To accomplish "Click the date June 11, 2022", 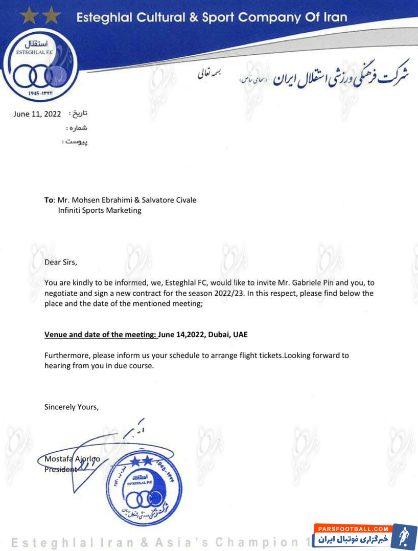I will pyautogui.click(x=37, y=114).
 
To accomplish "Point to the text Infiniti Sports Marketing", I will pyautogui.click(x=100, y=210).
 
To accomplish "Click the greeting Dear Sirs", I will pyautogui.click(x=61, y=262).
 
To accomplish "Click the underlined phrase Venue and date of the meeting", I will pyautogui.click(x=100, y=334).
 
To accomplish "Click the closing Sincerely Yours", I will pyautogui.click(x=71, y=407).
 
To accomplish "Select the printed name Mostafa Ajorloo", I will pyautogui.click(x=72, y=459).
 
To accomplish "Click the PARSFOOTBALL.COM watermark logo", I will pyautogui.click(x=365, y=536).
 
